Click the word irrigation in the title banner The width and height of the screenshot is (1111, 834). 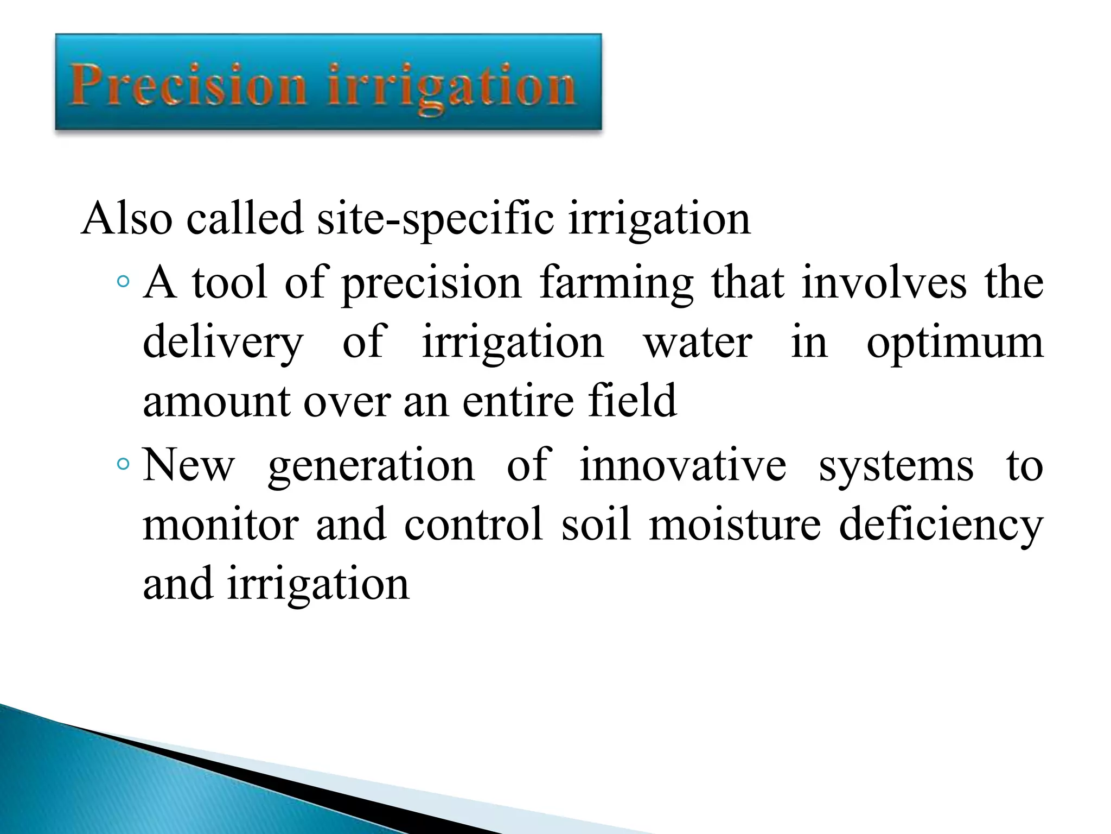[x=451, y=87]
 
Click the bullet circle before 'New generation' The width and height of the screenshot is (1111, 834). [x=123, y=465]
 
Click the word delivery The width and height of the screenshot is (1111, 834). [x=223, y=343]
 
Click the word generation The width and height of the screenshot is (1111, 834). [x=372, y=466]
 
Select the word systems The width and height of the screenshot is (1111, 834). [x=896, y=466]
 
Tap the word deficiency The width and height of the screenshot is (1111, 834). [x=941, y=525]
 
